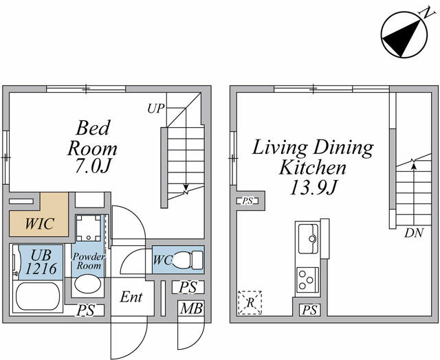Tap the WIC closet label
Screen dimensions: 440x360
[x=40, y=224]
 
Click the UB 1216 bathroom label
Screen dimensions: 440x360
[x=41, y=262]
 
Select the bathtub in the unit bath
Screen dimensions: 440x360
[x=38, y=296]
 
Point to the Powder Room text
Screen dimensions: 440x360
[x=89, y=261]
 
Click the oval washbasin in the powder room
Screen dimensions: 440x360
[x=88, y=284]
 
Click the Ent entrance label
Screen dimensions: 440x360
[x=131, y=297]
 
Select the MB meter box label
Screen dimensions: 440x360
[x=191, y=308]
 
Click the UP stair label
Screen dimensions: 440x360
[x=156, y=109]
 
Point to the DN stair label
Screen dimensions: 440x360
[x=414, y=233]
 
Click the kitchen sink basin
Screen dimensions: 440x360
[x=308, y=238]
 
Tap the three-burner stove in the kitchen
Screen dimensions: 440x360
[x=307, y=280]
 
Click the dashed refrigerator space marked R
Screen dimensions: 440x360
[x=250, y=302]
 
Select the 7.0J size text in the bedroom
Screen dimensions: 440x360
[x=92, y=167]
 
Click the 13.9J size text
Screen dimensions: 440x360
[x=313, y=188]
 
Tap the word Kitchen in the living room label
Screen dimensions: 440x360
[x=313, y=168]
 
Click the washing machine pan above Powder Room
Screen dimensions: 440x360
[x=89, y=227]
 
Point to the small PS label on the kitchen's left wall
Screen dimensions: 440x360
[x=247, y=201]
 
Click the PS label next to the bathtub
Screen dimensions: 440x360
[x=86, y=311]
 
